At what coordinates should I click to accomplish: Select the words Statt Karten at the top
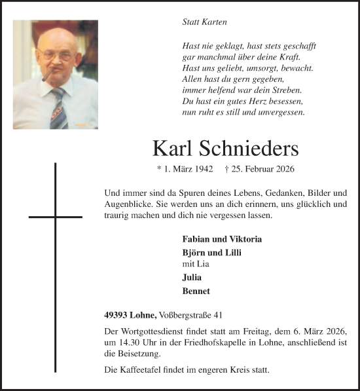204,22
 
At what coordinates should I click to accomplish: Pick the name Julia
192,277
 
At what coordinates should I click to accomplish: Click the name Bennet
196,291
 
